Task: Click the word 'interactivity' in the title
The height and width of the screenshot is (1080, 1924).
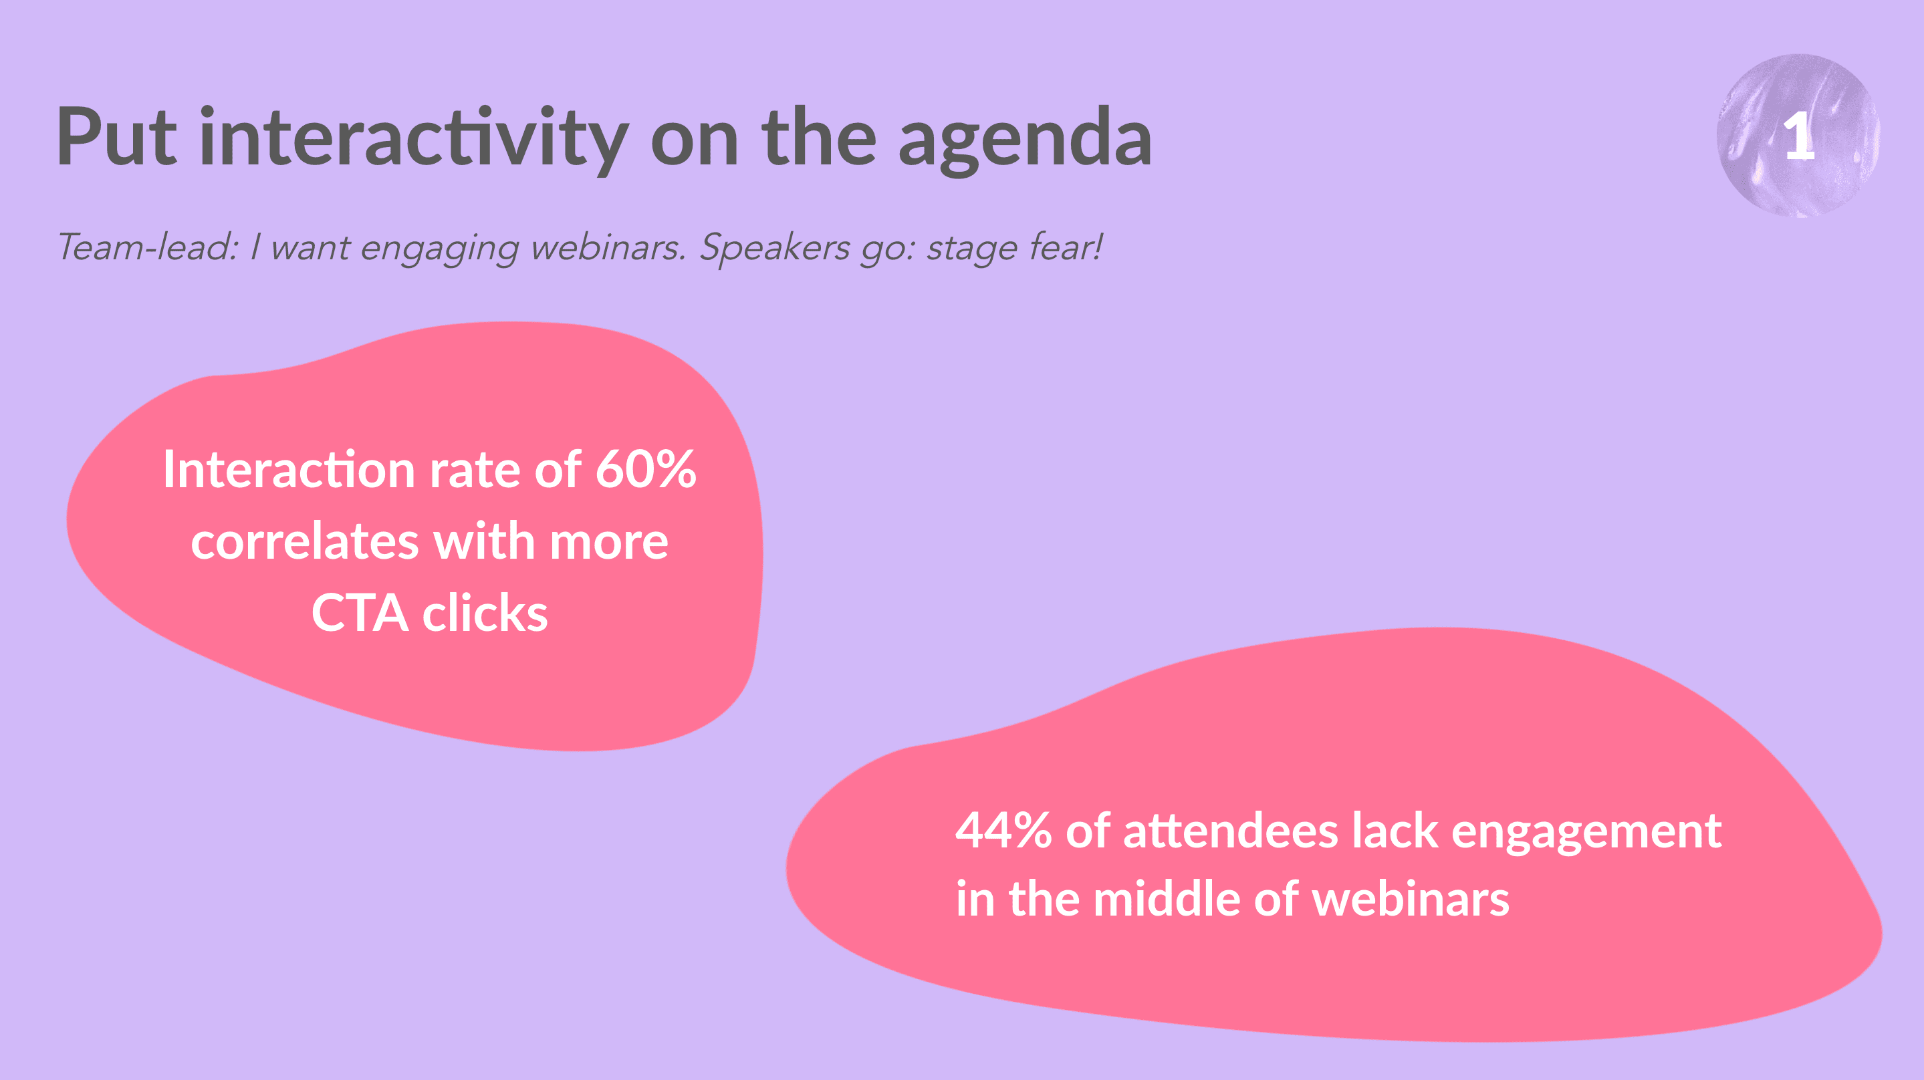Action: pos(414,140)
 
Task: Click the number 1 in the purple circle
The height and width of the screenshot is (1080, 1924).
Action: pos(1798,137)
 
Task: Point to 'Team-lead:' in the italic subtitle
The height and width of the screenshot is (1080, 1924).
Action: pos(148,247)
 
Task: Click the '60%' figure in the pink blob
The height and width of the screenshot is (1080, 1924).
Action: pos(646,469)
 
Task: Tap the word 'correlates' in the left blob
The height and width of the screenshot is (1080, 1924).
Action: pos(305,541)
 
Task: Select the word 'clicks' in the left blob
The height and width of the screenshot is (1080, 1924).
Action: pos(485,612)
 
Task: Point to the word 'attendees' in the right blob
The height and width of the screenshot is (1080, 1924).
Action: pos(1231,830)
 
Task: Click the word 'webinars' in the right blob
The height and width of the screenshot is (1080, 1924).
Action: pos(1411,898)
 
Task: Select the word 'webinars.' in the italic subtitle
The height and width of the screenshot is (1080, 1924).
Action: pos(608,247)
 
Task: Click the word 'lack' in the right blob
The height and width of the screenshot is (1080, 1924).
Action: pos(1395,830)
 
